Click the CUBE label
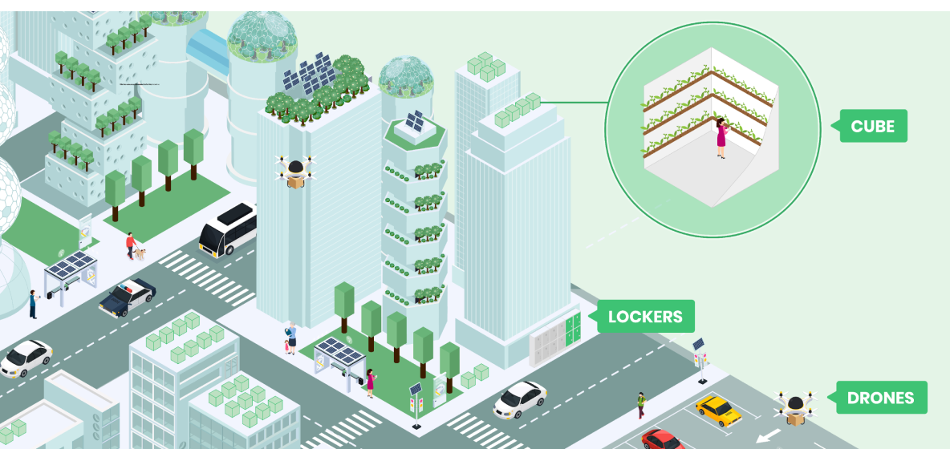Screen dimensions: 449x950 (x=873, y=126)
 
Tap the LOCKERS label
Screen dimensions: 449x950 (x=645, y=317)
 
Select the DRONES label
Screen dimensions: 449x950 (x=880, y=398)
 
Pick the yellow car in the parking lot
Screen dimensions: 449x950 (x=718, y=410)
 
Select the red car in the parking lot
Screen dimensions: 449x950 (x=662, y=439)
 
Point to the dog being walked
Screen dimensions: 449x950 (x=141, y=253)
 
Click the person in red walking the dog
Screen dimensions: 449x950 (x=129, y=245)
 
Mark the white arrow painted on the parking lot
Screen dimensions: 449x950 (x=768, y=436)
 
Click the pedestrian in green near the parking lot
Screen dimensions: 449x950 (x=641, y=404)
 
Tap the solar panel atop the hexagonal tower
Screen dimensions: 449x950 (x=415, y=123)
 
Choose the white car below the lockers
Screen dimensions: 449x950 (x=519, y=398)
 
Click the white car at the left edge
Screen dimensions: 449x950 (x=25, y=358)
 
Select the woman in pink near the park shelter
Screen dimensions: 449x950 (x=371, y=382)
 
